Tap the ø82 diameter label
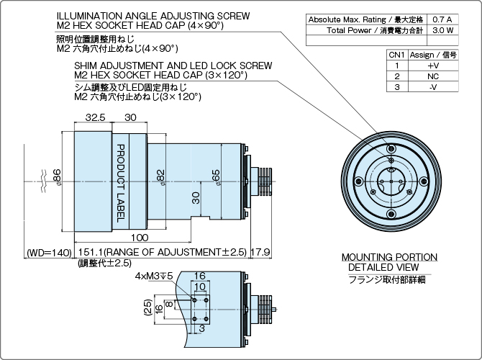click(x=163, y=177)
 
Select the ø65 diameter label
click(x=215, y=176)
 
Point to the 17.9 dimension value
click(x=260, y=252)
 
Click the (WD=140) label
click(x=50, y=253)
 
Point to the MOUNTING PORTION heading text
click(x=388, y=257)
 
